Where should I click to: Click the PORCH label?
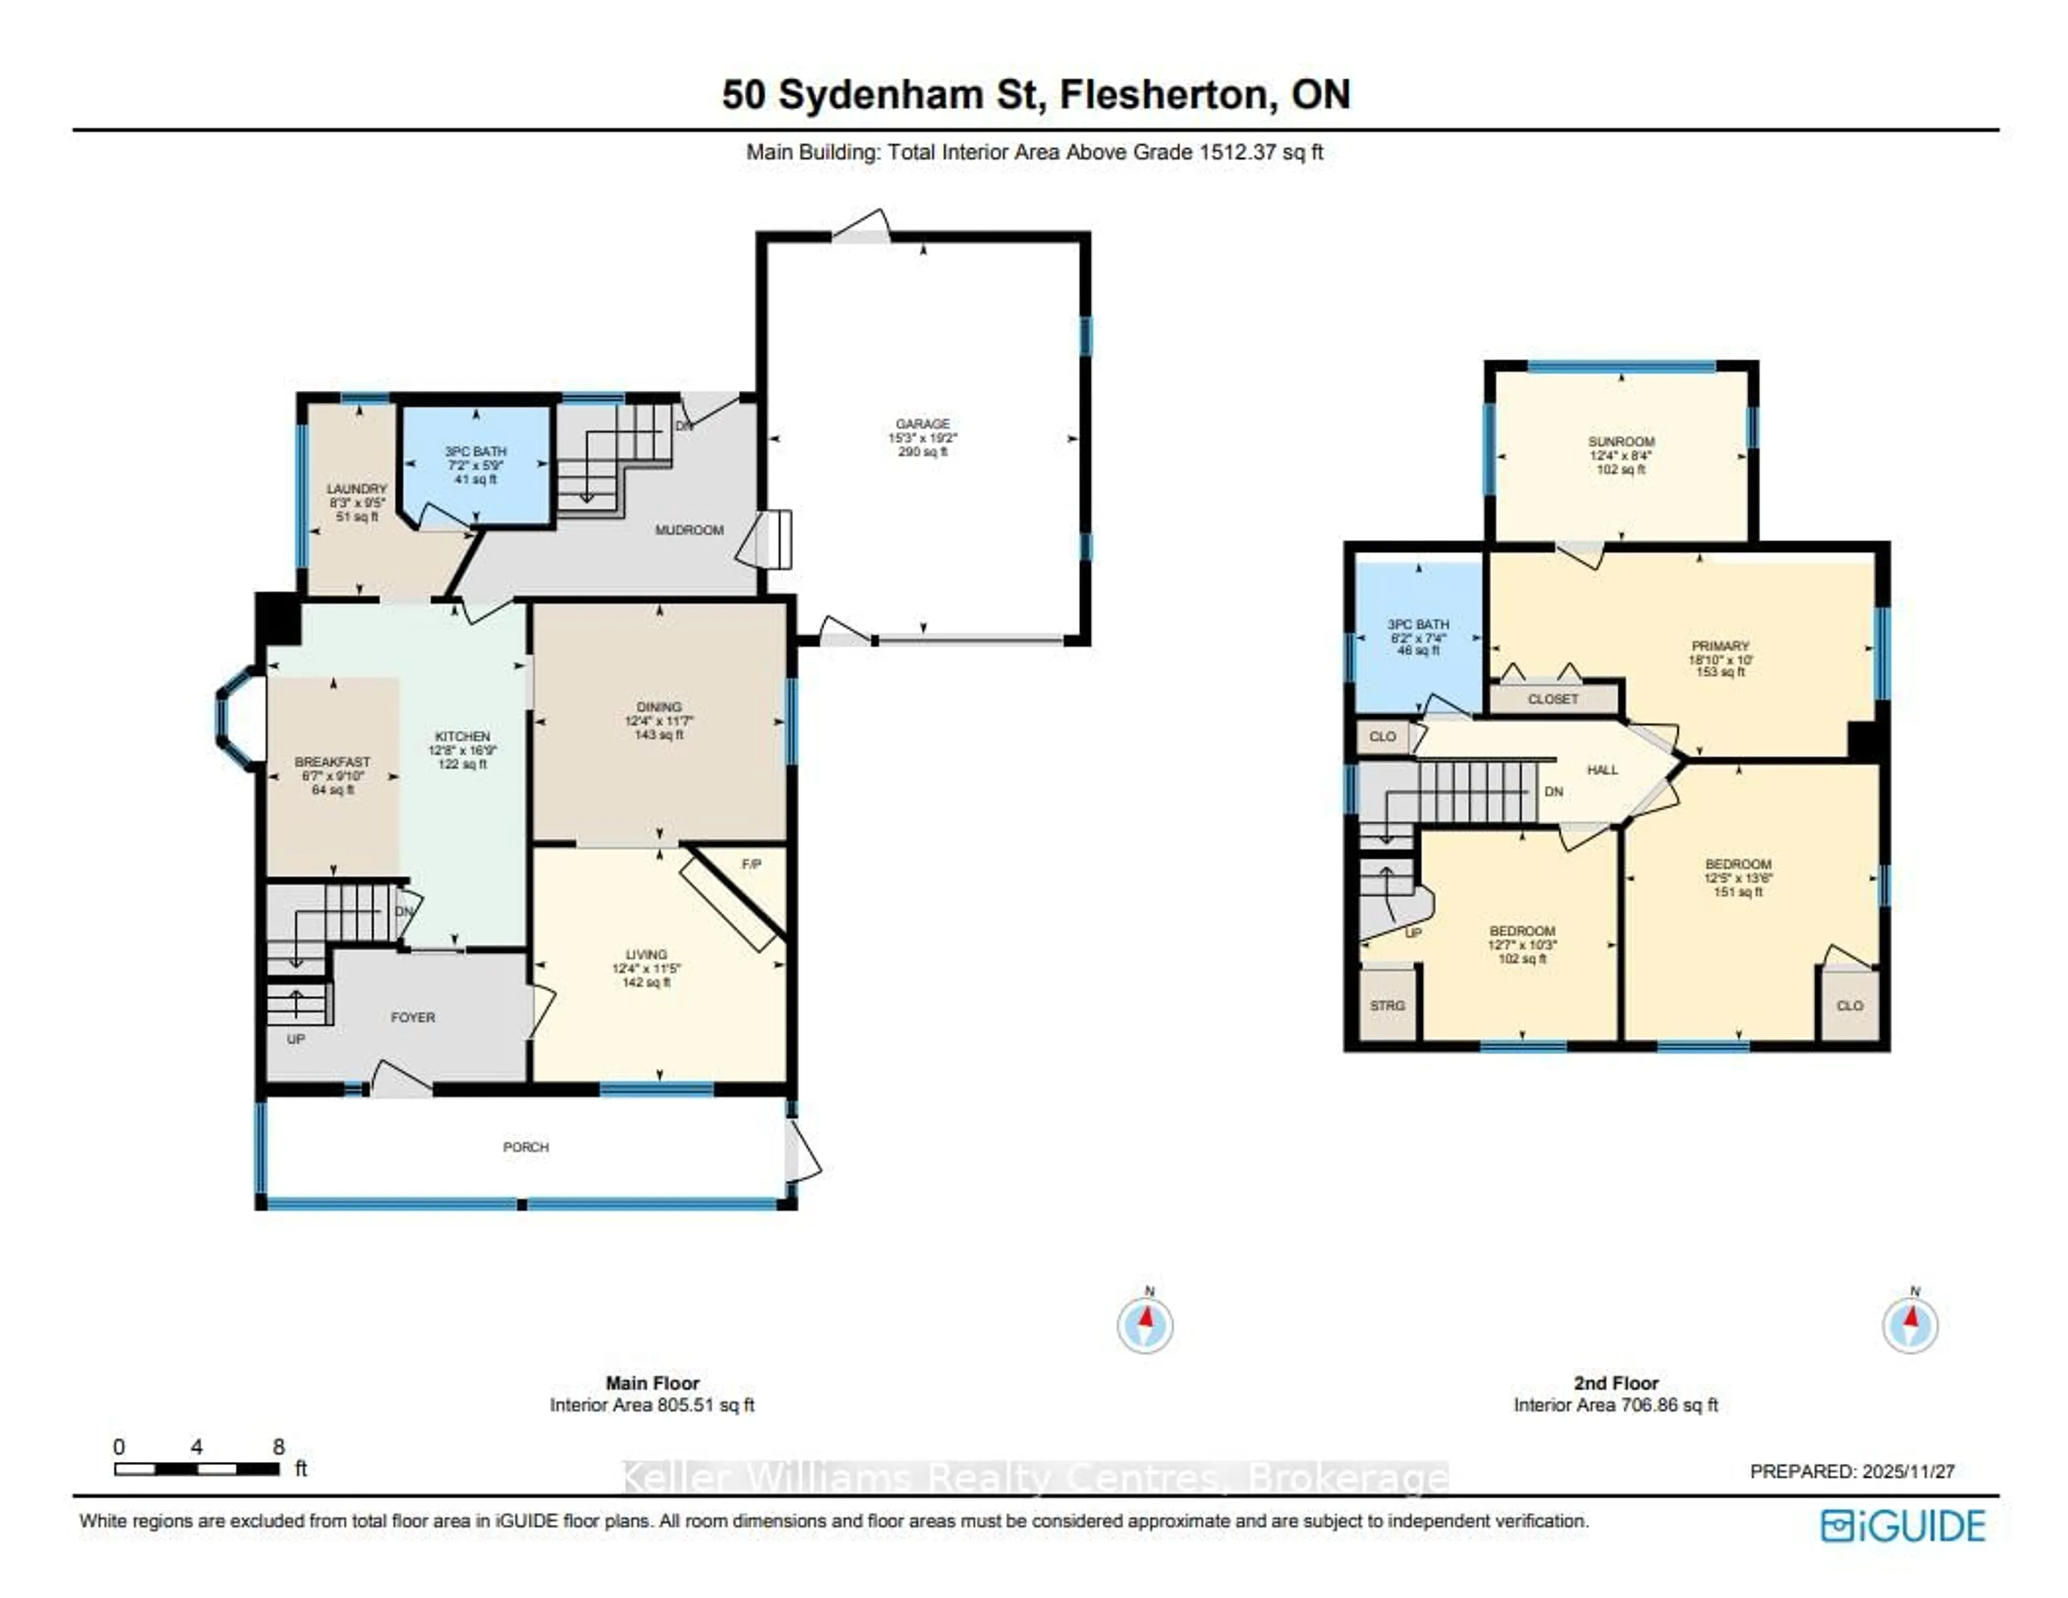[x=526, y=1146]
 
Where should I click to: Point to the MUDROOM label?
[x=689, y=530]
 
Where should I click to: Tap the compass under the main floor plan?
[x=1145, y=1324]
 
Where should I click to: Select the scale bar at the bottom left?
[x=197, y=1469]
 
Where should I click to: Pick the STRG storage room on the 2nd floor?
[x=1387, y=1005]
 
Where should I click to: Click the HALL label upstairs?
[x=1602, y=769]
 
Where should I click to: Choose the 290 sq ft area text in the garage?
[x=923, y=452]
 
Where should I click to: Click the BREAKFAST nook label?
[x=332, y=762]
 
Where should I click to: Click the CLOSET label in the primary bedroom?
[x=1553, y=699]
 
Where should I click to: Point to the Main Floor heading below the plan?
[x=652, y=1383]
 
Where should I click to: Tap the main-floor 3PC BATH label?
[x=476, y=452]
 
